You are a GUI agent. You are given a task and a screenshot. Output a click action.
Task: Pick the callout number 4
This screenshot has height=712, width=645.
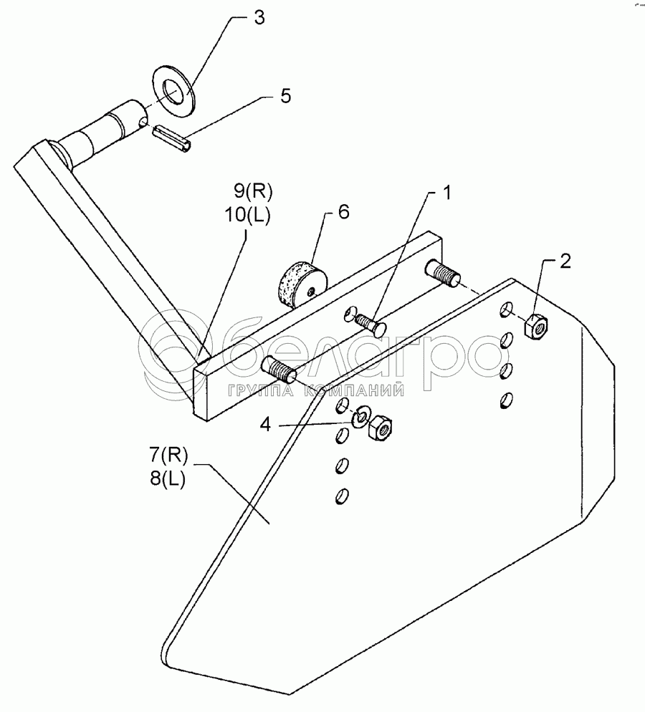point(266,425)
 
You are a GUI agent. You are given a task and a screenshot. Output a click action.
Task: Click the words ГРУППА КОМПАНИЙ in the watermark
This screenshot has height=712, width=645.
point(315,390)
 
